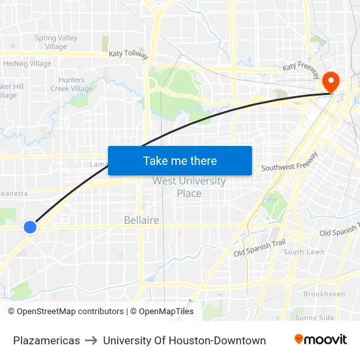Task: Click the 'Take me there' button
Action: click(x=180, y=161)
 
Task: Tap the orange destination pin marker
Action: click(x=330, y=82)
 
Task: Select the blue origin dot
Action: click(x=30, y=227)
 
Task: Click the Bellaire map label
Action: click(x=141, y=221)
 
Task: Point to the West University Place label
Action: click(x=189, y=187)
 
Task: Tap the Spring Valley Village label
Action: click(x=56, y=43)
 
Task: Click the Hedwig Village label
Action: click(x=27, y=63)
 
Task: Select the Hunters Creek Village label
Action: click(x=71, y=84)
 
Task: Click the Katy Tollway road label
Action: click(x=129, y=53)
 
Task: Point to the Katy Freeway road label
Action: click(x=300, y=67)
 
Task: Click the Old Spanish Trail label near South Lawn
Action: click(x=260, y=248)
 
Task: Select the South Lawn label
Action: click(x=304, y=252)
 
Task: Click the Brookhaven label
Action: click(x=324, y=295)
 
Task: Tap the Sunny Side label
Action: click(x=314, y=318)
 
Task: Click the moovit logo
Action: click(x=320, y=340)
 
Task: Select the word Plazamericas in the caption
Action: click(x=46, y=340)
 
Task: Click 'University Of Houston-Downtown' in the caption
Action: click(x=184, y=340)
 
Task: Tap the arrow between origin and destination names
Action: click(x=91, y=340)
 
